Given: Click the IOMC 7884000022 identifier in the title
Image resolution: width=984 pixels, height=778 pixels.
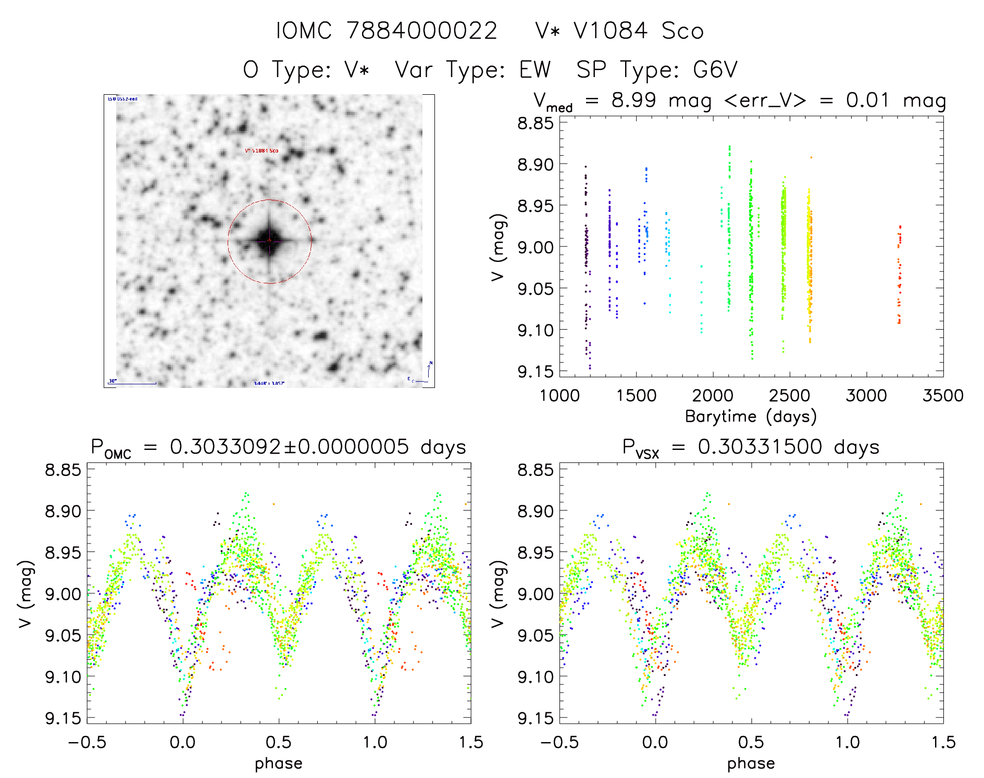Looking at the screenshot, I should coord(386,31).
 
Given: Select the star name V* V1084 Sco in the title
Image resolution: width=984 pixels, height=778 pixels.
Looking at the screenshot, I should coord(619,31).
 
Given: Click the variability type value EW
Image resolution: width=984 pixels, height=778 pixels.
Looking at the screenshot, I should coord(534,70).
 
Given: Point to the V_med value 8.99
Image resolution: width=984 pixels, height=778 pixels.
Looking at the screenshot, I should coord(633,100).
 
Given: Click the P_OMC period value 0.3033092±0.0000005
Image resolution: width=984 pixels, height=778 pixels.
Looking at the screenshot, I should coord(289,447).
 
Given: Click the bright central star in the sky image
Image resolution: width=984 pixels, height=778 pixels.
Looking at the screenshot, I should coord(269,241).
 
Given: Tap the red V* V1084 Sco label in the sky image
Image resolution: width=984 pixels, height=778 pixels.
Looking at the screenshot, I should coord(261,151).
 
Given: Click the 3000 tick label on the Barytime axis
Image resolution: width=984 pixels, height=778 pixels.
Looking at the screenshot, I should coord(866,395).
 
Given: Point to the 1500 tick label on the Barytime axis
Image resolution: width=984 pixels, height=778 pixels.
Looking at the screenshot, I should coord(636,395).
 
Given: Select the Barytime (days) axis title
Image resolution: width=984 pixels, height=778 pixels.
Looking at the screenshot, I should coord(751,416).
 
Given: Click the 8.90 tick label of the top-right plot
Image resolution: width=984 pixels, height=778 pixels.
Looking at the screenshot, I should coord(535,165).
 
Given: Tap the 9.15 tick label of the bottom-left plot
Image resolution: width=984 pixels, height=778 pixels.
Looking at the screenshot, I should coord(63,718).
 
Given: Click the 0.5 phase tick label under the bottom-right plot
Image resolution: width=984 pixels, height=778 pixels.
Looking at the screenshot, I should coord(751,742).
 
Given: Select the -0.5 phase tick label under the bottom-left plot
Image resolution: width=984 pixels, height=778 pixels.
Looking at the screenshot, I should coord(87,742).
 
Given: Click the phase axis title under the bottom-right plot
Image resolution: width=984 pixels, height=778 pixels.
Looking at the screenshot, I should coord(751,763).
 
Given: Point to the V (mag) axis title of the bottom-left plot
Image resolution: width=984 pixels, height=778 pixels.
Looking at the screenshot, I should coord(26,594).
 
